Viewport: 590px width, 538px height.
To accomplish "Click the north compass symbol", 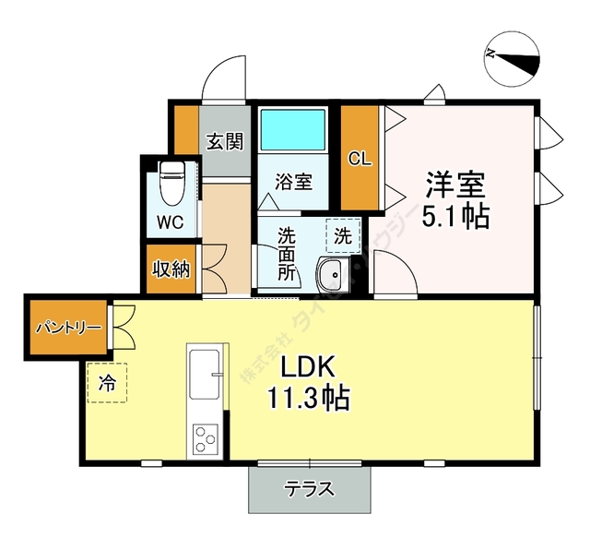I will (513, 58).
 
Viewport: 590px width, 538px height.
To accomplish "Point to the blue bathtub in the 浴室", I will (292, 130).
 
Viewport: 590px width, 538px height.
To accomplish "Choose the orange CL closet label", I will (360, 158).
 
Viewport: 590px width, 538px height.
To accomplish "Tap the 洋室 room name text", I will (454, 185).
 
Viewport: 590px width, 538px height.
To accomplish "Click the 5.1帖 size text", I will (454, 218).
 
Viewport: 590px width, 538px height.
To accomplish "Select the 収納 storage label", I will (171, 269).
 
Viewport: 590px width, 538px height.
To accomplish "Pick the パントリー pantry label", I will (68, 328).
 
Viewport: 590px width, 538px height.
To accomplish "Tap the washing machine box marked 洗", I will (343, 236).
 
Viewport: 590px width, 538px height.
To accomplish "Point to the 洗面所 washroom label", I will (286, 256).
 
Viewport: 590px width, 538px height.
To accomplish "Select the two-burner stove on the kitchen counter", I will (205, 439).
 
